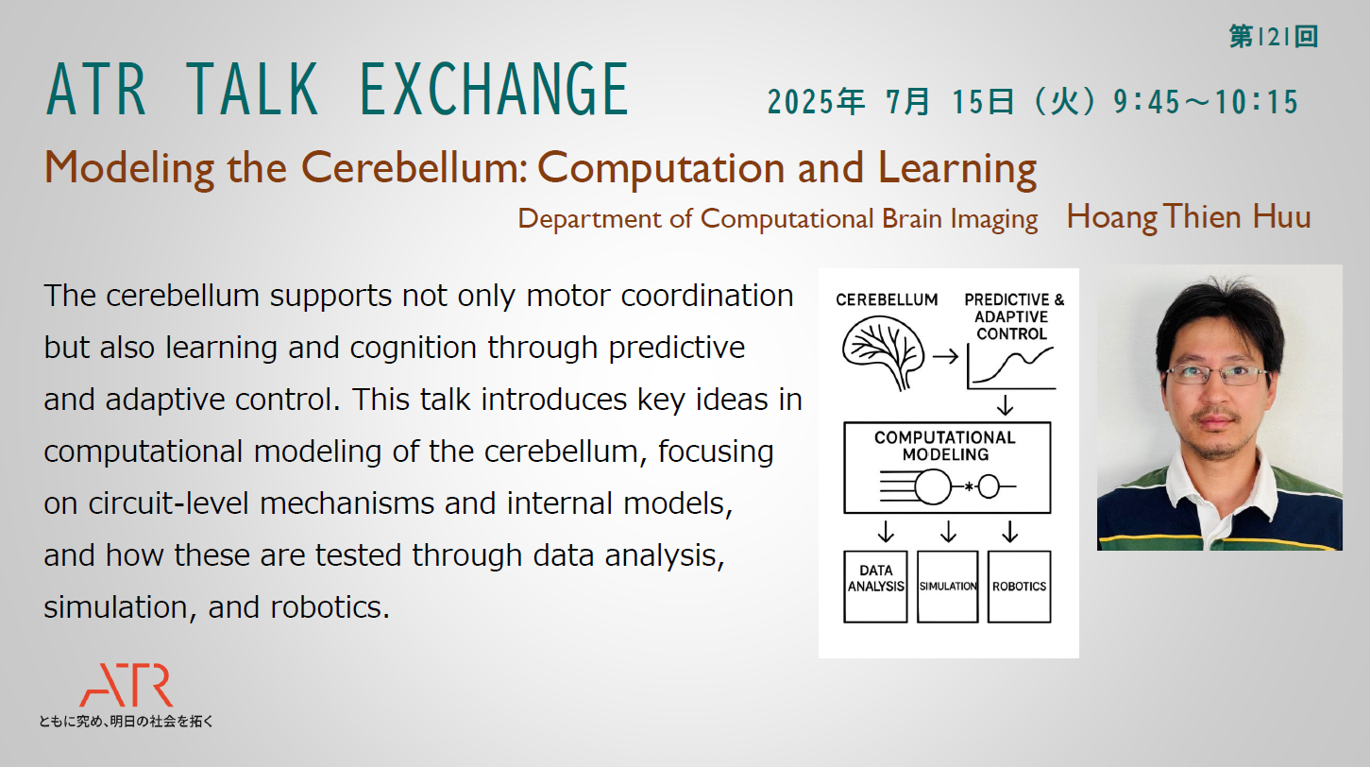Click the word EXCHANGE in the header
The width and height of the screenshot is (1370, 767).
click(494, 90)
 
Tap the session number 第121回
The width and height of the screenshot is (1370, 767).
click(1274, 37)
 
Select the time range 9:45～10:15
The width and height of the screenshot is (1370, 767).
click(1206, 101)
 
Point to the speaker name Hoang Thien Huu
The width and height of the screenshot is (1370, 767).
click(1189, 217)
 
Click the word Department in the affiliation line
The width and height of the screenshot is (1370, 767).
click(589, 219)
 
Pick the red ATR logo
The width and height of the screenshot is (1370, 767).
click(127, 685)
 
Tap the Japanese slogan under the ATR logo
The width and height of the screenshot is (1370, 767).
click(126, 721)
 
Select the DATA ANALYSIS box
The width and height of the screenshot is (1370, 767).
click(875, 587)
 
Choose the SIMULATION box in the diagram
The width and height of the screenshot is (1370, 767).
click(947, 587)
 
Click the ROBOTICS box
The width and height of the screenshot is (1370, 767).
click(1019, 587)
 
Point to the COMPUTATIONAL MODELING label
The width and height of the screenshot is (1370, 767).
click(945, 446)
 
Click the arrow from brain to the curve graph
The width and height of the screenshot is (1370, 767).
click(945, 356)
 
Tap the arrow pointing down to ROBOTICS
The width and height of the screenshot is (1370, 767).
click(1009, 532)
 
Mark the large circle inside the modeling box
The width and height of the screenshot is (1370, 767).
click(933, 486)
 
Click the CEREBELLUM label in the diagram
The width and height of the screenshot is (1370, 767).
click(887, 299)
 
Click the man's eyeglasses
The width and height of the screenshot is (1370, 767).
click(1217, 374)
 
